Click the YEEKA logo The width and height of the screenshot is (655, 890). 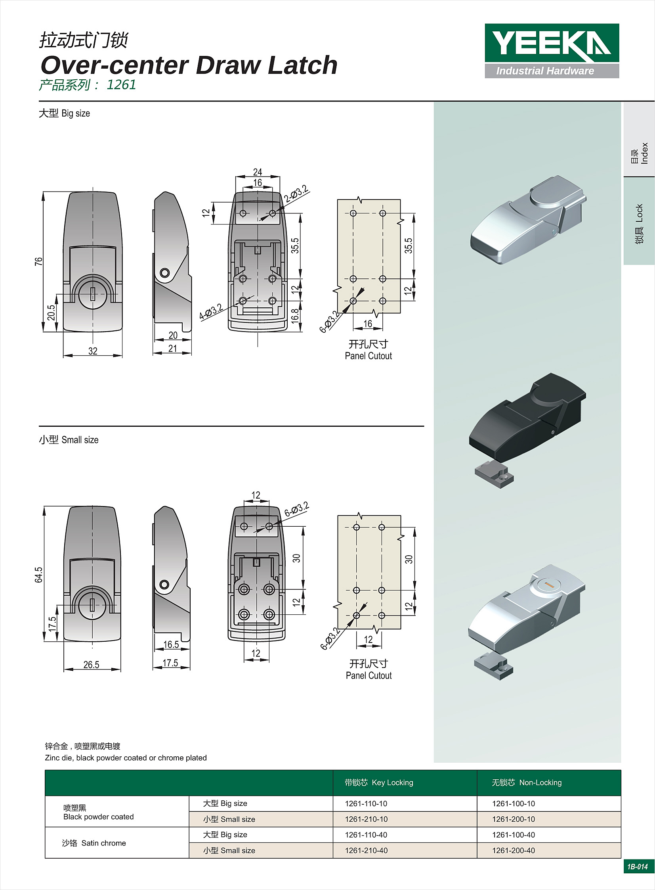point(552,50)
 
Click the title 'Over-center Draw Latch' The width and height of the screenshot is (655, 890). point(189,65)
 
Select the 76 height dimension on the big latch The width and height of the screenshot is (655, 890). point(38,261)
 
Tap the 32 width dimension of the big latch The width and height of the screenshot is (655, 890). point(93,351)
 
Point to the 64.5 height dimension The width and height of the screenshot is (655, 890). point(38,575)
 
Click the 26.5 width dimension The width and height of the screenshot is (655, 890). point(91,665)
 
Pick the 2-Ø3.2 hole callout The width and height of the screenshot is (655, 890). point(296,194)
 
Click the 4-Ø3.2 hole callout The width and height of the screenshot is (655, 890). point(211,312)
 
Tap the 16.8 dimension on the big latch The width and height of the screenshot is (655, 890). point(295,316)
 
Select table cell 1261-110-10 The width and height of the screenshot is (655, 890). point(366,804)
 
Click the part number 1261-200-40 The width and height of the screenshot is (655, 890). point(514,850)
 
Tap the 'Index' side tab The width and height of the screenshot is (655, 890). point(640,153)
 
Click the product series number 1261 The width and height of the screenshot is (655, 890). point(121,84)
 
